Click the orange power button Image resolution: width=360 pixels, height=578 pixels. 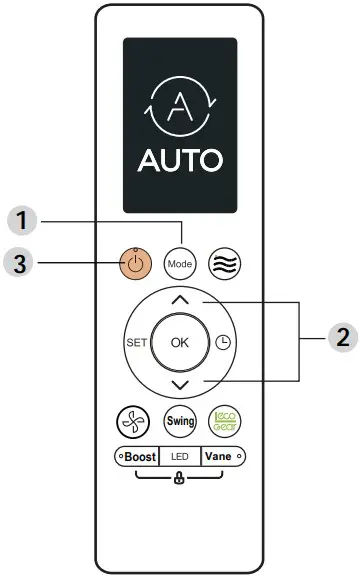click(x=136, y=263)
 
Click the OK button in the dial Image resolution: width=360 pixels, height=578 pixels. click(x=179, y=341)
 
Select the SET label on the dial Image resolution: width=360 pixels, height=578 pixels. click(x=136, y=341)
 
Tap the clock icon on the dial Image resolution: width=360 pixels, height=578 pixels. click(x=223, y=341)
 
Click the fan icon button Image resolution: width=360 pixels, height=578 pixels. click(x=136, y=420)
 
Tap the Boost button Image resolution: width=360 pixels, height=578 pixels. click(x=136, y=456)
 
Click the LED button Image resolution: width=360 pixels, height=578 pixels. click(x=179, y=456)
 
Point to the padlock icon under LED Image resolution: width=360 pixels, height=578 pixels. click(x=179, y=478)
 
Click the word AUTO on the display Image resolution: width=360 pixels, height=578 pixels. click(x=180, y=160)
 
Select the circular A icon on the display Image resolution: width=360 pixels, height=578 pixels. click(x=180, y=105)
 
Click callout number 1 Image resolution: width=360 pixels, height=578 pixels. click(x=21, y=217)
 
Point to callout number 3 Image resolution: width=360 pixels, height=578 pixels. click(x=21, y=263)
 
